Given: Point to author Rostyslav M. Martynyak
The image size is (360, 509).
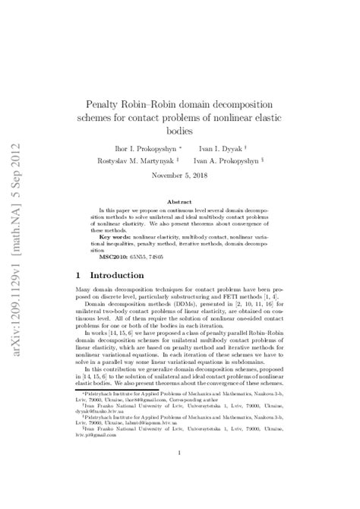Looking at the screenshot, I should pos(134,161).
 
